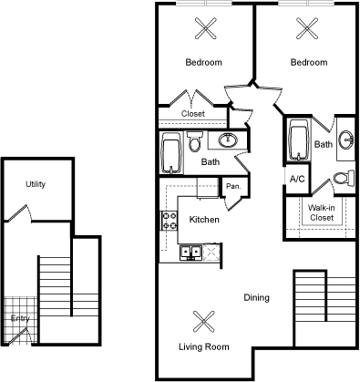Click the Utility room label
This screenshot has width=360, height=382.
pyautogui.click(x=36, y=184)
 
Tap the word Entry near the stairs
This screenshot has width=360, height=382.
pyautogui.click(x=20, y=318)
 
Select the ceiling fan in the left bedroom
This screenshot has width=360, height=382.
pyautogui.click(x=203, y=27)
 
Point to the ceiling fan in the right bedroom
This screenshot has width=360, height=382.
pyautogui.click(x=307, y=27)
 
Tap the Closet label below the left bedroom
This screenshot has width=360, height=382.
pyautogui.click(x=192, y=114)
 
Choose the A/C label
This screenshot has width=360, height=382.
pyautogui.click(x=297, y=179)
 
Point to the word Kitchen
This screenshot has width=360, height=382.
pyautogui.click(x=203, y=220)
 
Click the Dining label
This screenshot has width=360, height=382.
pyautogui.click(x=257, y=297)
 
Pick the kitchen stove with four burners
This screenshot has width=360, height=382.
pyautogui.click(x=169, y=220)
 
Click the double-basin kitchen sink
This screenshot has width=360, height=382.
pyautogui.click(x=191, y=253)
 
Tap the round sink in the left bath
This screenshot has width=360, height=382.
pyautogui.click(x=229, y=140)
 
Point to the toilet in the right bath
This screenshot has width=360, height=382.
pyautogui.click(x=340, y=178)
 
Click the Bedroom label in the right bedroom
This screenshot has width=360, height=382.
pyautogui.click(x=308, y=62)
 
